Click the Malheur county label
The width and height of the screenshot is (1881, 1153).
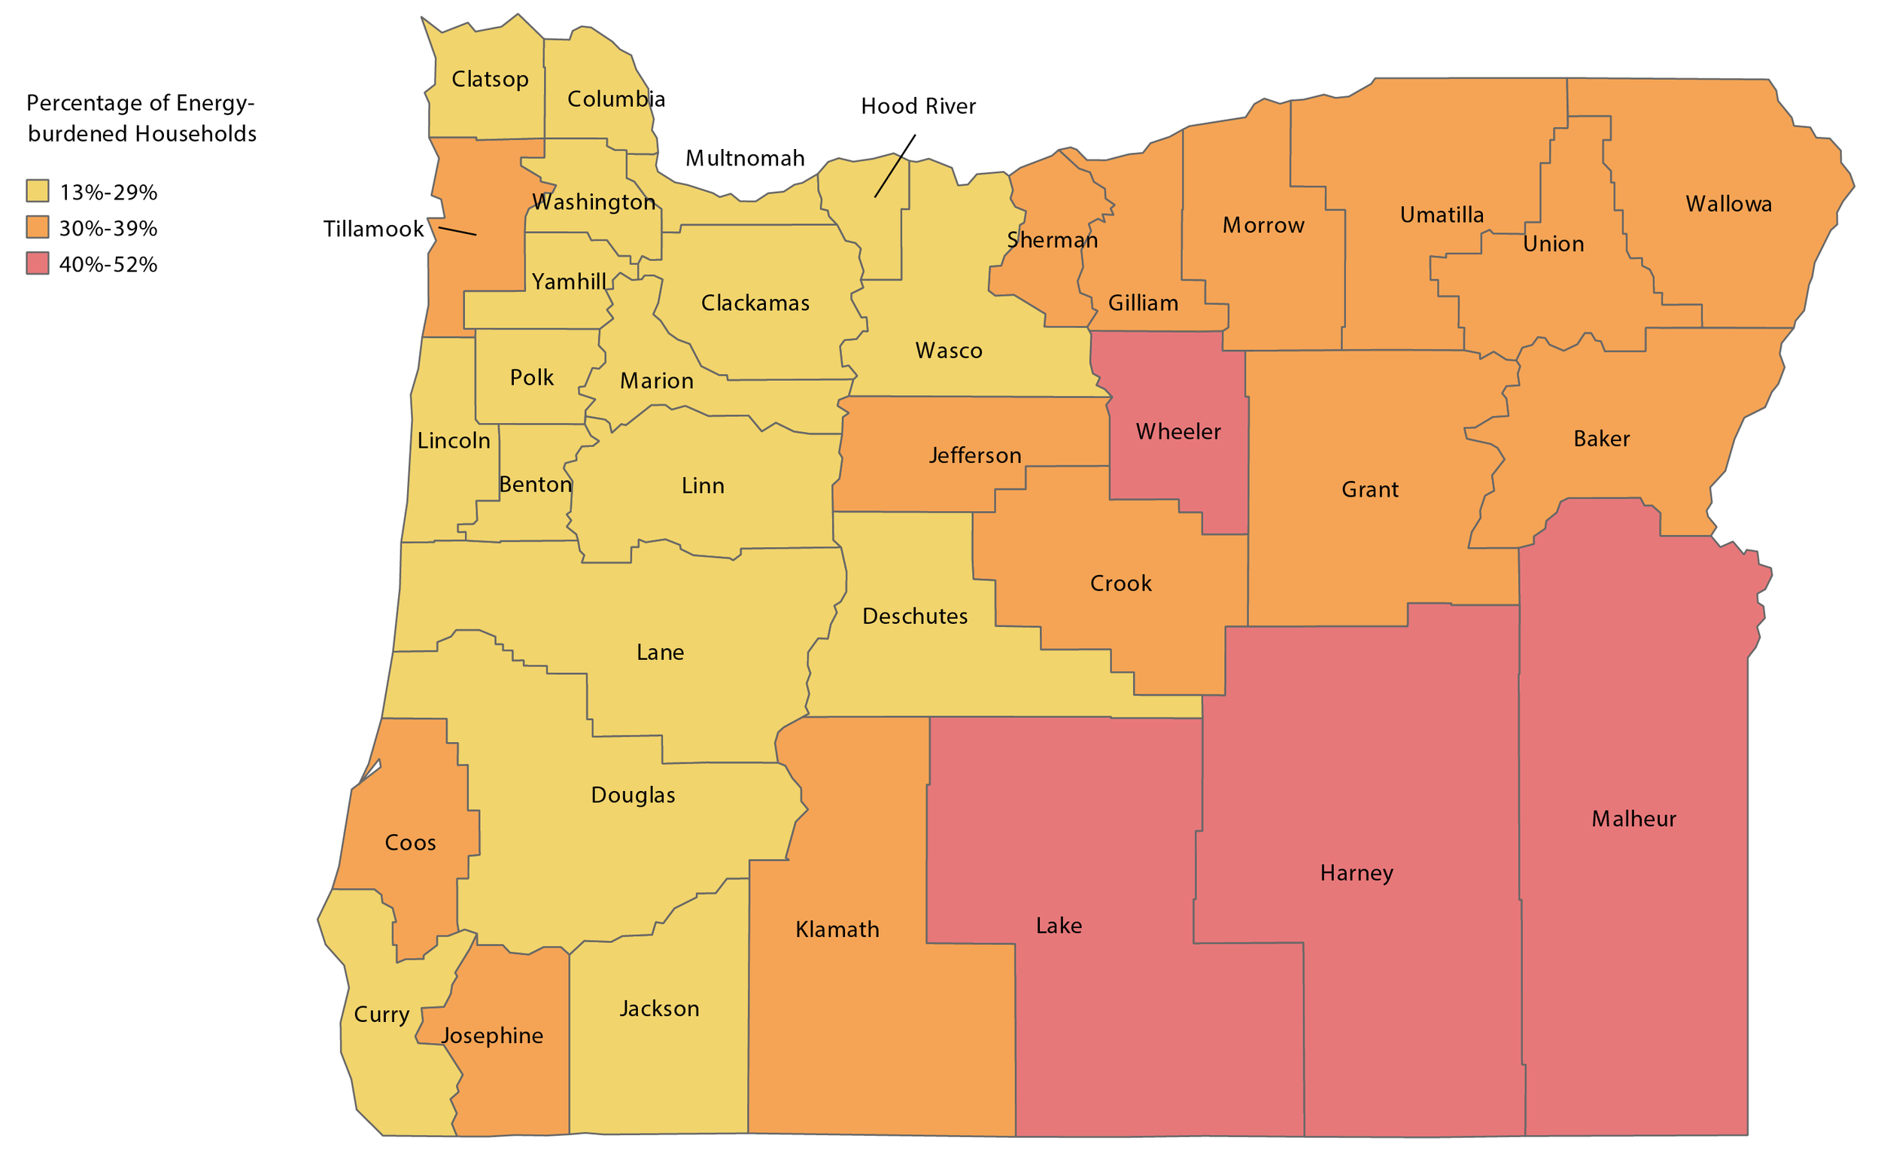pyautogui.click(x=1633, y=820)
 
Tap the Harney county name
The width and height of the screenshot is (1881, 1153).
pyautogui.click(x=1356, y=874)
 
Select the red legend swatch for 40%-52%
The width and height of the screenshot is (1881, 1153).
pyautogui.click(x=38, y=263)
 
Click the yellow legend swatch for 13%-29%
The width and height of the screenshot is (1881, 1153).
pyautogui.click(x=38, y=191)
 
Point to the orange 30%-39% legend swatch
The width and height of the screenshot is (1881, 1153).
pyautogui.click(x=38, y=227)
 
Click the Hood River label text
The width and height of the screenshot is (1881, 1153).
pyautogui.click(x=918, y=106)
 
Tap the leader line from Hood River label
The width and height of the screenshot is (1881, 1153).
pyautogui.click(x=895, y=166)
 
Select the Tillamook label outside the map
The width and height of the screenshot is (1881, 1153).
pyautogui.click(x=372, y=229)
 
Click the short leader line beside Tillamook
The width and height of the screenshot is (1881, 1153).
pyautogui.click(x=457, y=230)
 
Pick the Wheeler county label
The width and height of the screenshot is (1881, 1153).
pyautogui.click(x=1178, y=432)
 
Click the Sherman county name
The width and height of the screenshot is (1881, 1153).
pyautogui.click(x=1052, y=241)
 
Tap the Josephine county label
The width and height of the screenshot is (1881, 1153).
pyautogui.click(x=492, y=1036)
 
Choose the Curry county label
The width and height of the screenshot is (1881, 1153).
pyautogui.click(x=381, y=1015)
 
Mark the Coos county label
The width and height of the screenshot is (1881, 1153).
pyautogui.click(x=410, y=843)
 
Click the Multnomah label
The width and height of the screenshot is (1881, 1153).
pyautogui.click(x=744, y=159)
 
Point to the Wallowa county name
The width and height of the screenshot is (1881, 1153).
pyautogui.click(x=1728, y=204)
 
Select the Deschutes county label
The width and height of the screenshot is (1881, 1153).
pyautogui.click(x=915, y=616)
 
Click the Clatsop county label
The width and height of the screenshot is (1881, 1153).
pyautogui.click(x=489, y=80)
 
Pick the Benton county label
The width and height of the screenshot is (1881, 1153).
pyautogui.click(x=534, y=485)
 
